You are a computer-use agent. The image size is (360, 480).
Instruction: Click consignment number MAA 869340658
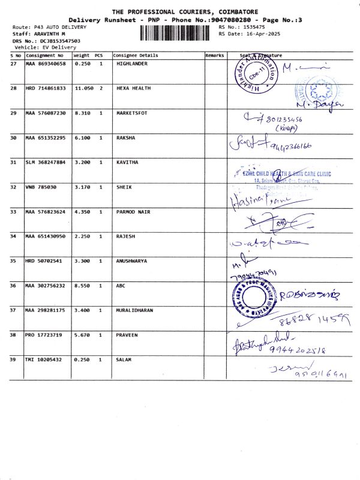coord(46,63)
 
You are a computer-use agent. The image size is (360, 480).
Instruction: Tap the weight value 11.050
coord(85,88)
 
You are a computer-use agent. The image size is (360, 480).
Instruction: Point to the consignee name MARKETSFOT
coord(133,113)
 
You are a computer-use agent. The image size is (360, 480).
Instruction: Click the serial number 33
coord(14,212)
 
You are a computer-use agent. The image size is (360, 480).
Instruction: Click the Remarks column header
coord(214,55)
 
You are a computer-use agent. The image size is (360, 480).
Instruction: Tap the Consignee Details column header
coord(136,55)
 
